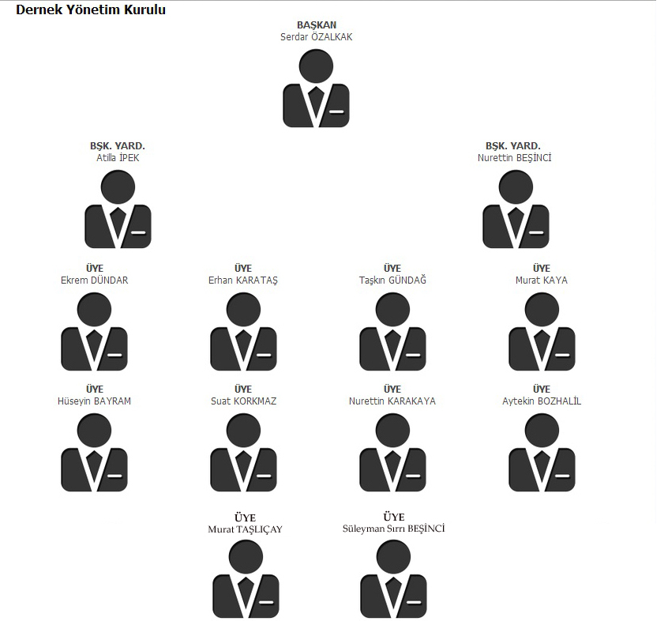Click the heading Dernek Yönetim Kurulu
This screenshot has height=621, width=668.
coord(91,9)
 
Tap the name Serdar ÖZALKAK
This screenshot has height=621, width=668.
coord(316,37)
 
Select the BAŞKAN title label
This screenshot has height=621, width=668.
coord(317,25)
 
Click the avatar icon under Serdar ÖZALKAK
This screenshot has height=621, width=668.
coord(316,88)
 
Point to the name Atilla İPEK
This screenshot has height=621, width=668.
coord(118,158)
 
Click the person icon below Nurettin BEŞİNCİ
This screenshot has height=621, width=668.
coord(516,209)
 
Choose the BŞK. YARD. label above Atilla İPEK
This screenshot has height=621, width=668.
coord(118,146)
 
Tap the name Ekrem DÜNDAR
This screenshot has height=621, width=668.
coord(95,280)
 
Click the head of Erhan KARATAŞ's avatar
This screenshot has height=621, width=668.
coord(243,310)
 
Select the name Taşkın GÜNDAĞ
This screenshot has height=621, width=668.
coord(392,280)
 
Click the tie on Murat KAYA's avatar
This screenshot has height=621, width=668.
coord(542,344)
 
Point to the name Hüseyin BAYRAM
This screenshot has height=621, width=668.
coord(94,401)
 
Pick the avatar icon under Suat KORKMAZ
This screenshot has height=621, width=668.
coord(243,453)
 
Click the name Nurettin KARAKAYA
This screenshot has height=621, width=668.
coord(392,401)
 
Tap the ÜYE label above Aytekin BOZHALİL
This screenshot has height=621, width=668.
coord(542,390)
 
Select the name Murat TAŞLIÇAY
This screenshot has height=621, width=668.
coord(245,529)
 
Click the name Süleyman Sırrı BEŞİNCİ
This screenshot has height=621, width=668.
coord(394,529)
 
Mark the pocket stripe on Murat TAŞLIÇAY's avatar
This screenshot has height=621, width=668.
coord(266,602)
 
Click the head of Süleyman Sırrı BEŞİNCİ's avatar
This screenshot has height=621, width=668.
coord(394,557)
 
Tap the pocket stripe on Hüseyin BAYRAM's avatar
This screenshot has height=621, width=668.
coord(114,476)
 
